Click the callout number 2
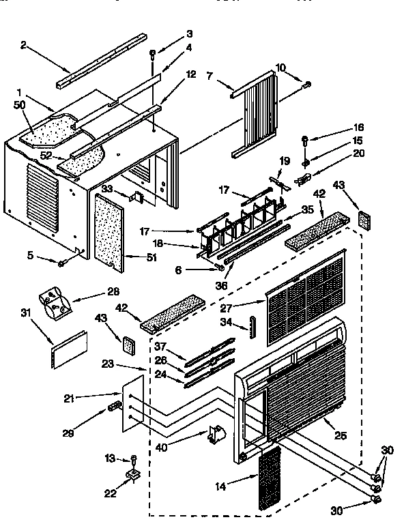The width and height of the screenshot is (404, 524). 23,45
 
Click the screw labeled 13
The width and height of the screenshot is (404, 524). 134,458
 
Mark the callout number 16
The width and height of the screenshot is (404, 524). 359,128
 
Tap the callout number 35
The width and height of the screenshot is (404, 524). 308,209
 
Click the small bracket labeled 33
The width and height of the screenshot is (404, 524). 137,196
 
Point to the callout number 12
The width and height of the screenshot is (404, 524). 191,73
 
